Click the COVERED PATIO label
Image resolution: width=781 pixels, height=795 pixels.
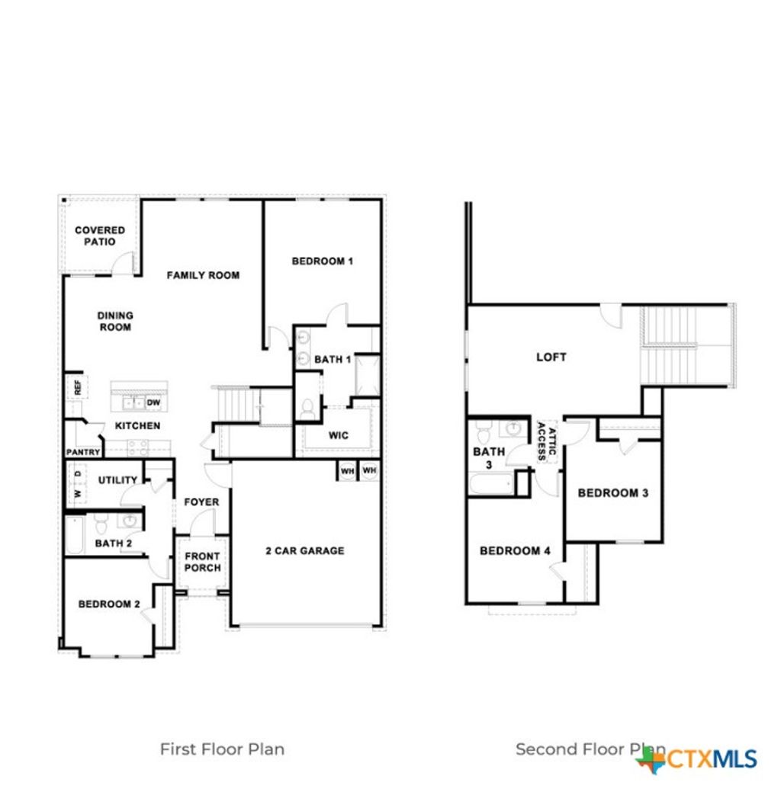100,236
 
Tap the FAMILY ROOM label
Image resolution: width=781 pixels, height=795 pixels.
203,275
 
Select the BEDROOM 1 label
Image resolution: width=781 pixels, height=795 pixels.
322,261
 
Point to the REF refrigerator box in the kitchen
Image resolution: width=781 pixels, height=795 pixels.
77,386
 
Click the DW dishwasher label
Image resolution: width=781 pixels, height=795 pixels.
153,402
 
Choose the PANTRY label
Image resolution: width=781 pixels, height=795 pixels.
82,452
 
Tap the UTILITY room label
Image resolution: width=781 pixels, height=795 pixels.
117,480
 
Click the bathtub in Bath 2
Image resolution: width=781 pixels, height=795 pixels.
74,535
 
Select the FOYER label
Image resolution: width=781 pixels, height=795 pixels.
201,502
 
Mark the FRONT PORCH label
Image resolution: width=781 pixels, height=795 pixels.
203,562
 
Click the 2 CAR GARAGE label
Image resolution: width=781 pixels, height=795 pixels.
304,550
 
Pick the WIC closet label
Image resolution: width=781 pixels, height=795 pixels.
339,435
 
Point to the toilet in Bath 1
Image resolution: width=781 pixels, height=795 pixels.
308,409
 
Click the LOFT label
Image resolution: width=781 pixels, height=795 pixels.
551,357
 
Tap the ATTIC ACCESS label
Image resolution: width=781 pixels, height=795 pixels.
547,441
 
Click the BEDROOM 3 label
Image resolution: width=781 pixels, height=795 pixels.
612,493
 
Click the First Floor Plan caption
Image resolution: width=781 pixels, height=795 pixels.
222,749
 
